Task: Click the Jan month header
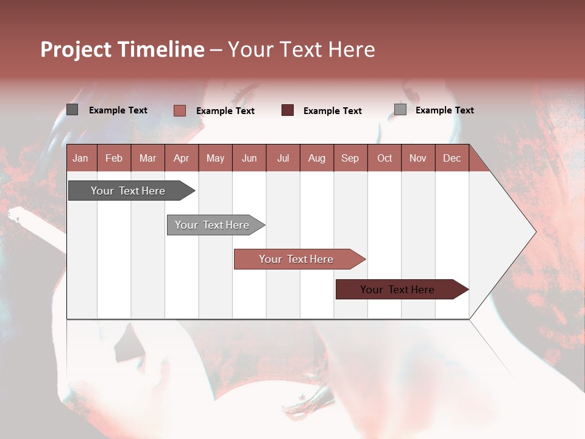click(x=80, y=159)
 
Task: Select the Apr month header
click(x=181, y=159)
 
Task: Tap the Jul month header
click(x=283, y=159)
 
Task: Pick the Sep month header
click(x=350, y=159)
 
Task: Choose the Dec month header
click(x=452, y=159)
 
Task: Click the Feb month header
click(x=114, y=159)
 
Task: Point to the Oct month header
click(x=385, y=159)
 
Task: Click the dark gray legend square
click(x=72, y=110)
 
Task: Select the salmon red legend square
click(x=179, y=110)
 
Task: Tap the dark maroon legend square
click(x=287, y=110)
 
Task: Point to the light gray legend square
click(x=400, y=110)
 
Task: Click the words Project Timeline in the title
click(x=122, y=49)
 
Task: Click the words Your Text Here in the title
click(x=301, y=49)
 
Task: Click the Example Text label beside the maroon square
click(x=332, y=111)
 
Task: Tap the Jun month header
click(x=249, y=159)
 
